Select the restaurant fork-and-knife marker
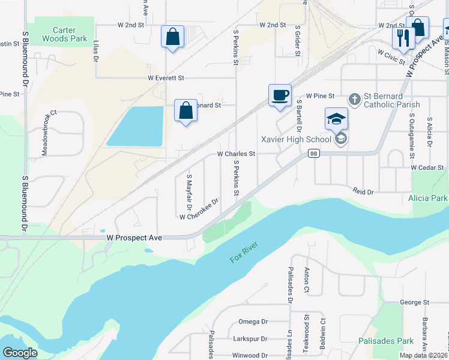point(403,38)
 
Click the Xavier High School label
point(296,140)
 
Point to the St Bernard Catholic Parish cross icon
point(355,99)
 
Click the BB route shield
point(313,154)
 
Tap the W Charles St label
point(236,154)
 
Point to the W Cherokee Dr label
point(199,211)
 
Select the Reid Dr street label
point(363,191)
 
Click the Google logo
point(19,353)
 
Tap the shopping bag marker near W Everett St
point(186,110)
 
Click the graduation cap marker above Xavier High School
point(336,118)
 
